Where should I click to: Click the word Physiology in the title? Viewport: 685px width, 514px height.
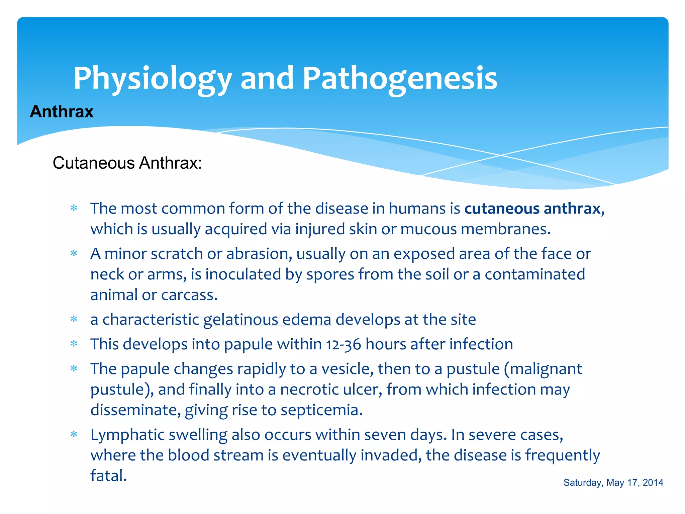point(152,79)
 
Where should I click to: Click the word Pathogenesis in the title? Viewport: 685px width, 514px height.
point(400,79)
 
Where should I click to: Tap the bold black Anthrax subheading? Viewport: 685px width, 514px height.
point(62,111)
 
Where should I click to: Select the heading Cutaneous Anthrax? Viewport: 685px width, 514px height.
point(127,163)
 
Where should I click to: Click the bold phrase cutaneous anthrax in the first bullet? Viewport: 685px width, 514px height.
point(534,208)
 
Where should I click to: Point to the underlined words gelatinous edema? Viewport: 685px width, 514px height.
point(267,319)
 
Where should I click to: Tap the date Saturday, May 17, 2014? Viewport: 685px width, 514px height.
point(613,483)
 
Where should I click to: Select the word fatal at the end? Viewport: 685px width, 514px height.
point(108,476)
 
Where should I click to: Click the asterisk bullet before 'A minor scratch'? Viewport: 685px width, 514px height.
point(74,254)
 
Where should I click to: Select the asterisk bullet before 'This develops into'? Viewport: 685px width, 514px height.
point(74,344)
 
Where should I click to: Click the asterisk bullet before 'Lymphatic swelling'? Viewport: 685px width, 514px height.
point(74,435)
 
